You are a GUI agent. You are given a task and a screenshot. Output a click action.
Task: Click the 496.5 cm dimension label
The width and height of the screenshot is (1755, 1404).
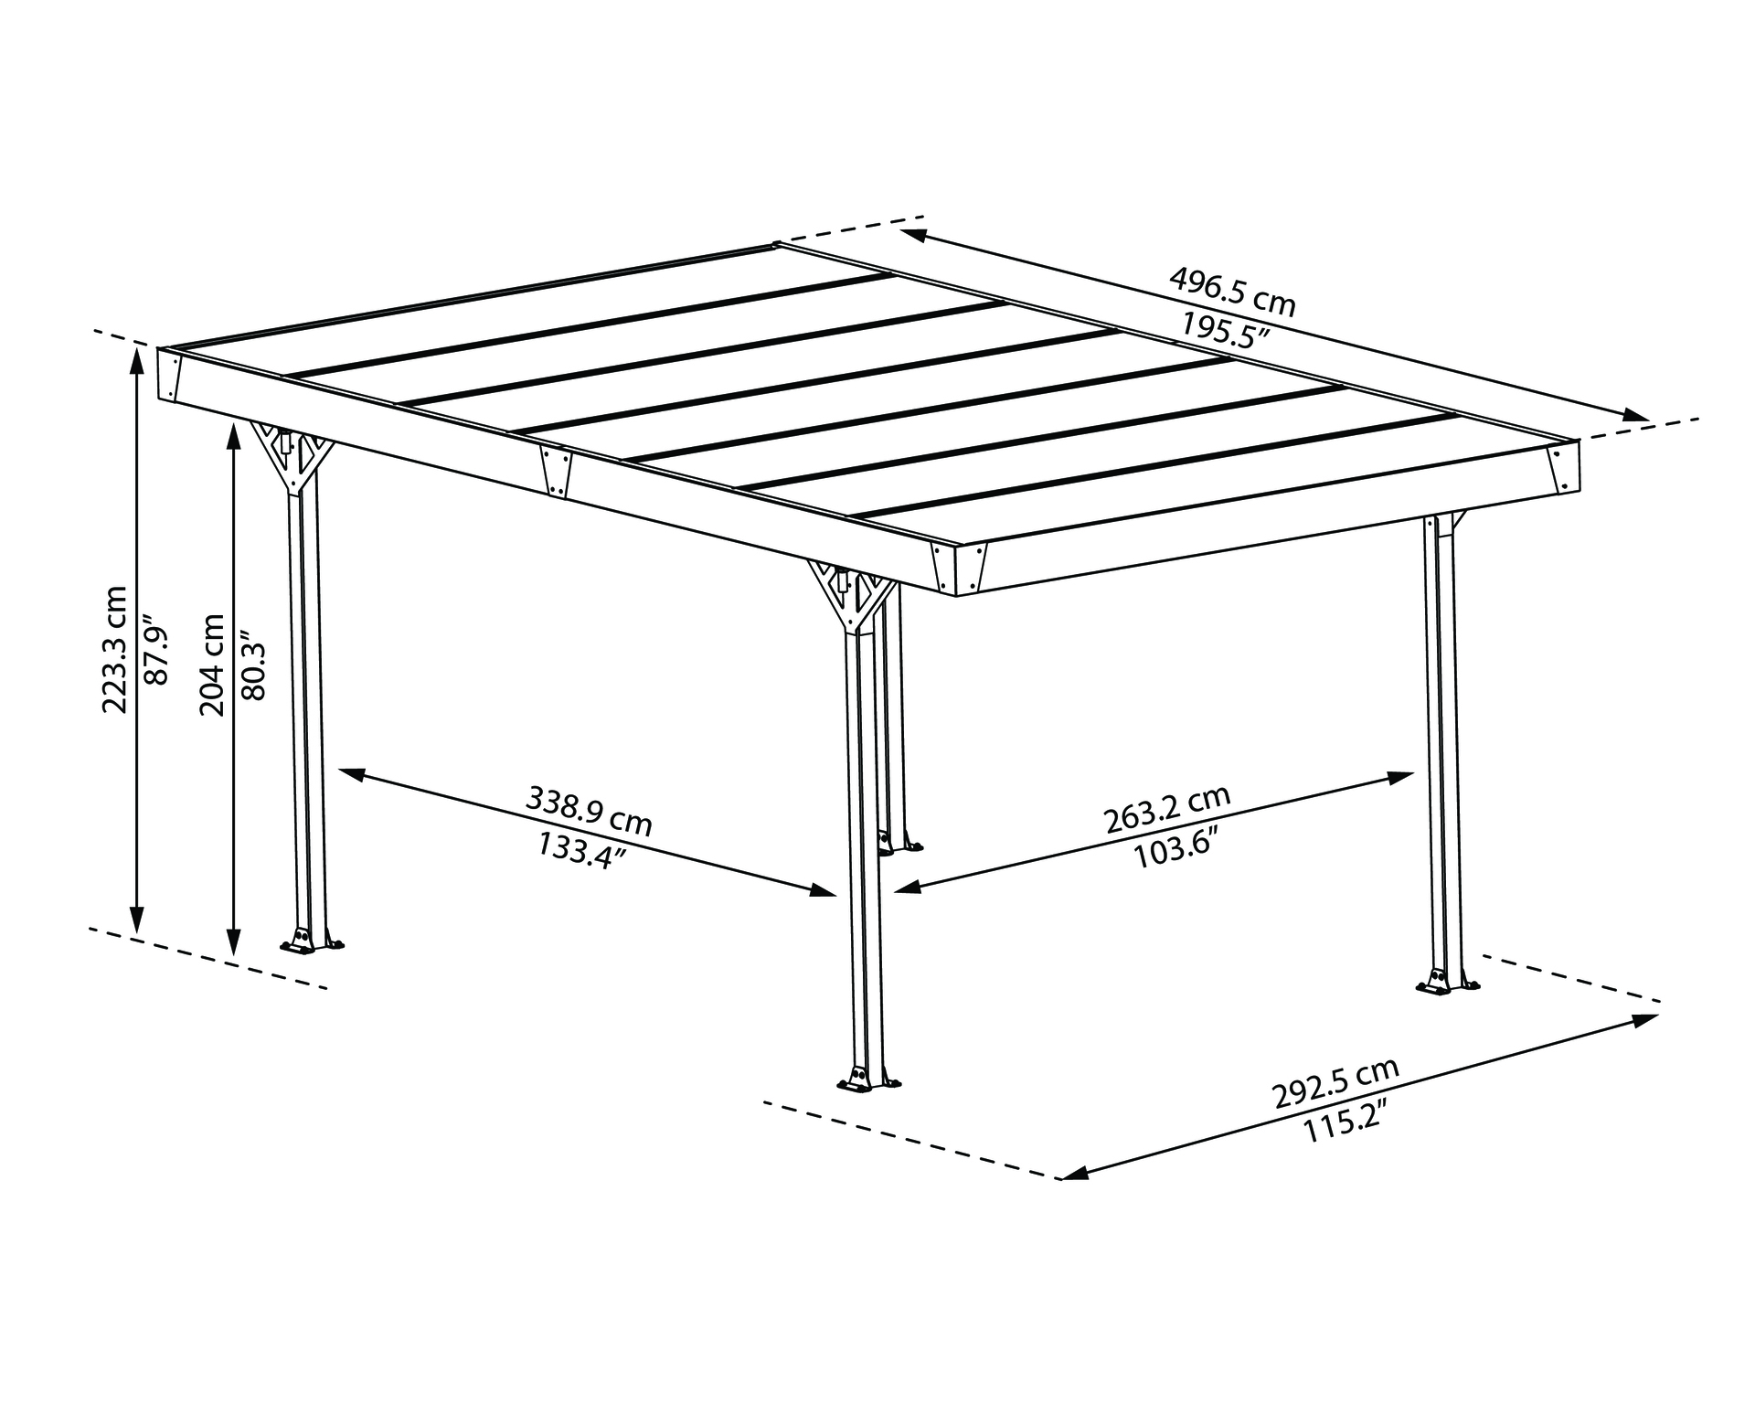pyautogui.click(x=1233, y=292)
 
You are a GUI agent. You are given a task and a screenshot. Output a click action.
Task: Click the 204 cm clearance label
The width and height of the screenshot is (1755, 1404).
pyautogui.click(x=212, y=665)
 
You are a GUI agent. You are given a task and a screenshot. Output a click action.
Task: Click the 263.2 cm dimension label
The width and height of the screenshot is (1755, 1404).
pyautogui.click(x=1167, y=810)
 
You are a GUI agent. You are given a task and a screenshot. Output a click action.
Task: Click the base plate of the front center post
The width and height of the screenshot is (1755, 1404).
pyautogui.click(x=867, y=1082)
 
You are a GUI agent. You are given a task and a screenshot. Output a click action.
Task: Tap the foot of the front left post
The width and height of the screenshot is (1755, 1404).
pyautogui.click(x=312, y=943)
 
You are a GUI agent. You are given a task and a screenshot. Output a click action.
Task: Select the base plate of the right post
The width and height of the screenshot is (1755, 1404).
pyautogui.click(x=1446, y=985)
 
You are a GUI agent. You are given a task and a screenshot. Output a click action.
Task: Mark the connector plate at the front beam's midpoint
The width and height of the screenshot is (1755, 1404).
pyautogui.click(x=555, y=471)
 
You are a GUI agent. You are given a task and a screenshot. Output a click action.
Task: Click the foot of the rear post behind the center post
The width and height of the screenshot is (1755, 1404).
pyautogui.click(x=899, y=844)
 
